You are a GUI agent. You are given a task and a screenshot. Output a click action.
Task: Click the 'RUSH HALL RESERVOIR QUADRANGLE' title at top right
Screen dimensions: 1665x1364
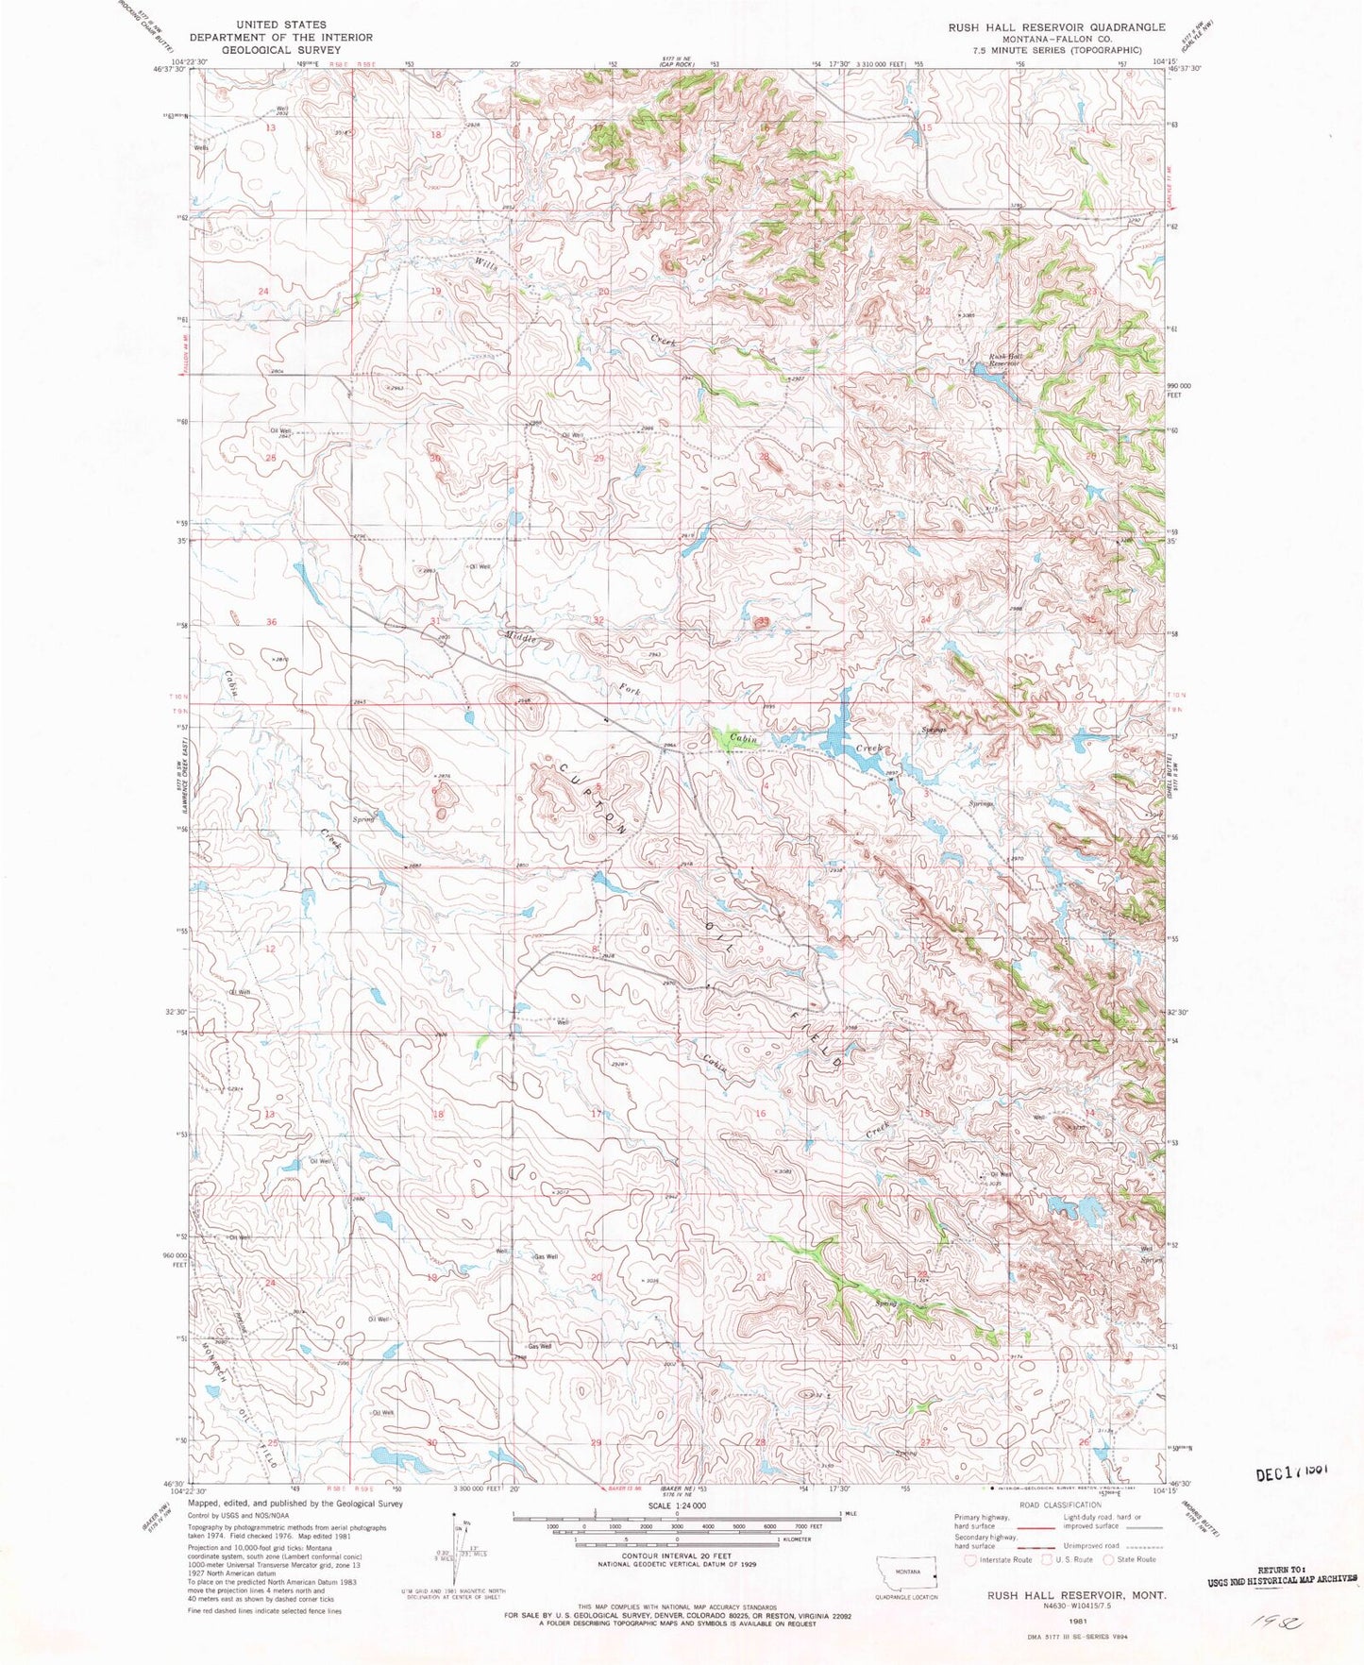(x=1056, y=27)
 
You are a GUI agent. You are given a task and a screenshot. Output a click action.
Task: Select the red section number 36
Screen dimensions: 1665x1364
(x=271, y=621)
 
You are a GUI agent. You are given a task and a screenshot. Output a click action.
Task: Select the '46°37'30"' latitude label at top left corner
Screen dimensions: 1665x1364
(x=172, y=68)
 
